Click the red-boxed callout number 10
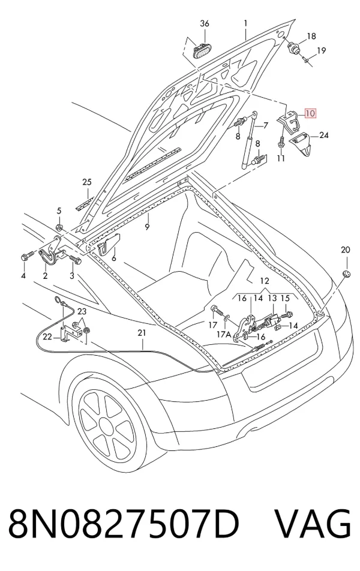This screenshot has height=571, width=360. (310, 113)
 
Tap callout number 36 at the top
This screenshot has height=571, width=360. (205, 23)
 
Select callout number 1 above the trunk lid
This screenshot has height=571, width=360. (245, 23)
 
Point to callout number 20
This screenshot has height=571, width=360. (345, 250)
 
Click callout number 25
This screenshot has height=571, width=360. (87, 182)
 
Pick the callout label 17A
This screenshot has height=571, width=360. (224, 333)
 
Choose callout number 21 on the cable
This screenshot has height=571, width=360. (142, 332)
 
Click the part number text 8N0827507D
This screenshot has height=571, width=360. (123, 524)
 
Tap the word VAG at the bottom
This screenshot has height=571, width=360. (313, 524)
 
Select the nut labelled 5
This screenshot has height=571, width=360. (59, 228)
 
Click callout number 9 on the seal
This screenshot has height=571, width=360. (147, 227)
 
